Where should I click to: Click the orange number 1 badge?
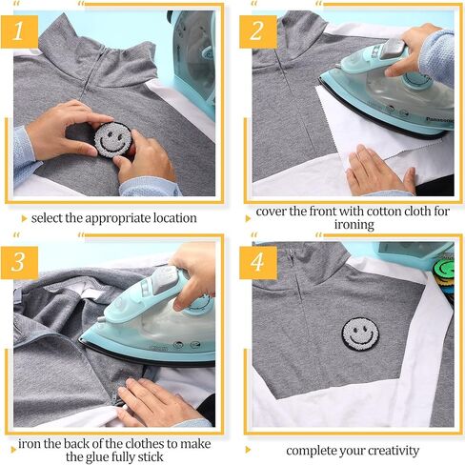[x=19, y=31]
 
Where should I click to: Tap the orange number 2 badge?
[x=258, y=31]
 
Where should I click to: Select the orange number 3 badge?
[x=19, y=263]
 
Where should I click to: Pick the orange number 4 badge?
[x=258, y=263]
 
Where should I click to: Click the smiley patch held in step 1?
[x=113, y=140]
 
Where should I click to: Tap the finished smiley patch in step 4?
[x=360, y=334]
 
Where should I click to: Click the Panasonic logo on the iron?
[x=439, y=120]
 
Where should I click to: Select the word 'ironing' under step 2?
[x=354, y=225]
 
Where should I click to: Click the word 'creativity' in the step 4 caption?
[x=394, y=451]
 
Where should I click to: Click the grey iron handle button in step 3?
[x=165, y=278]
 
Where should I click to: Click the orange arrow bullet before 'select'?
[x=24, y=218]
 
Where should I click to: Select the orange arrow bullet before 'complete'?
[x=248, y=450]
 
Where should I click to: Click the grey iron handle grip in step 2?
[x=394, y=49]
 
